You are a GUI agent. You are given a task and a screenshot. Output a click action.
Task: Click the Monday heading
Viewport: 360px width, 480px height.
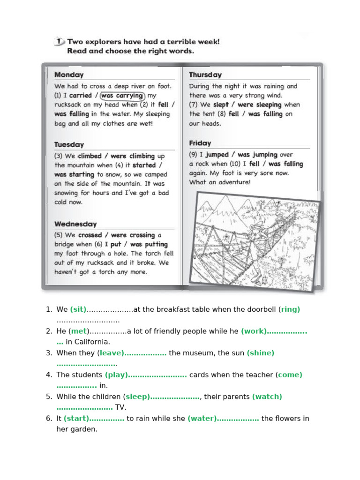[69, 75]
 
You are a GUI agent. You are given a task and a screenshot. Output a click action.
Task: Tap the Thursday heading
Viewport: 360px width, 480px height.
[205, 75]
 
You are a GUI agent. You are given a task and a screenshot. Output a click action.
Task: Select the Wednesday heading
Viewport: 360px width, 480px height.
[75, 224]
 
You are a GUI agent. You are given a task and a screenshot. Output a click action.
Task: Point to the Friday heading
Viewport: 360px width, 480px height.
[200, 143]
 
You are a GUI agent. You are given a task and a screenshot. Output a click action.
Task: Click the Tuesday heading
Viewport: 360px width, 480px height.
[69, 145]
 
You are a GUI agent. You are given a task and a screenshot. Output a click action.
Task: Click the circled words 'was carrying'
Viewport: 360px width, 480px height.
[122, 96]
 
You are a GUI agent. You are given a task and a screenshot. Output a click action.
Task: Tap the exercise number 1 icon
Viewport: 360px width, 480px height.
[59, 42]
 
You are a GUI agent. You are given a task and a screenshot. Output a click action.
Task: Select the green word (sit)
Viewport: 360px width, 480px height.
[78, 309]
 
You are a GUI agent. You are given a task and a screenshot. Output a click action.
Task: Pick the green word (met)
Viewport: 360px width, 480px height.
[78, 331]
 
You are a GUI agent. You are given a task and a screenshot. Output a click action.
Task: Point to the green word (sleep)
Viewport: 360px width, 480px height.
[136, 397]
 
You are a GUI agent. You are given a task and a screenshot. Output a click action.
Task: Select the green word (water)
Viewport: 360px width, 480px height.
[202, 419]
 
